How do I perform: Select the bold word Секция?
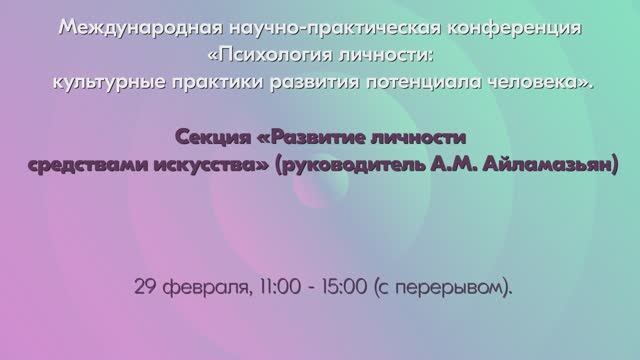tap(207, 136)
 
